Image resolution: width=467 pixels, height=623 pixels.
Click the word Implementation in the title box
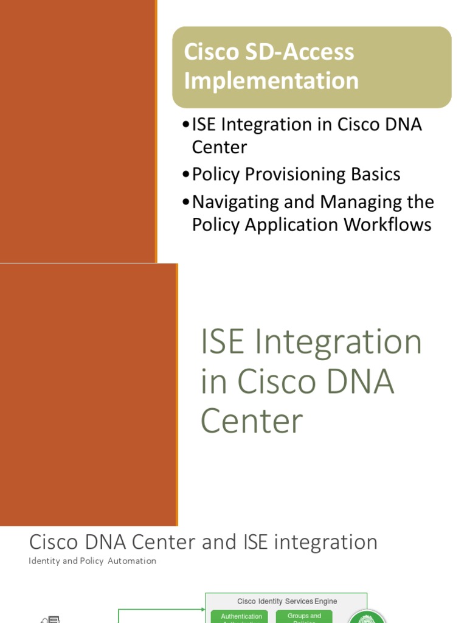(271, 80)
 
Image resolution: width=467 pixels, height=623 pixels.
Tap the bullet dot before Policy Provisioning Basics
(185, 175)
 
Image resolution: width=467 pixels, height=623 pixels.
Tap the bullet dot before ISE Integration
(185, 125)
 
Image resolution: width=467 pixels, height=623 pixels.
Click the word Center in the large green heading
(252, 421)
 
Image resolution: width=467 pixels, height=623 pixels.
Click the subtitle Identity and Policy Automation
(92, 561)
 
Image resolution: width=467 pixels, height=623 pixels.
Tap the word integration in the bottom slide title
(323, 541)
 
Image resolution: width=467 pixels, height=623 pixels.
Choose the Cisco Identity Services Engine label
(286, 601)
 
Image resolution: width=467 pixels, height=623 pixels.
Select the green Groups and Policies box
(304, 617)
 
